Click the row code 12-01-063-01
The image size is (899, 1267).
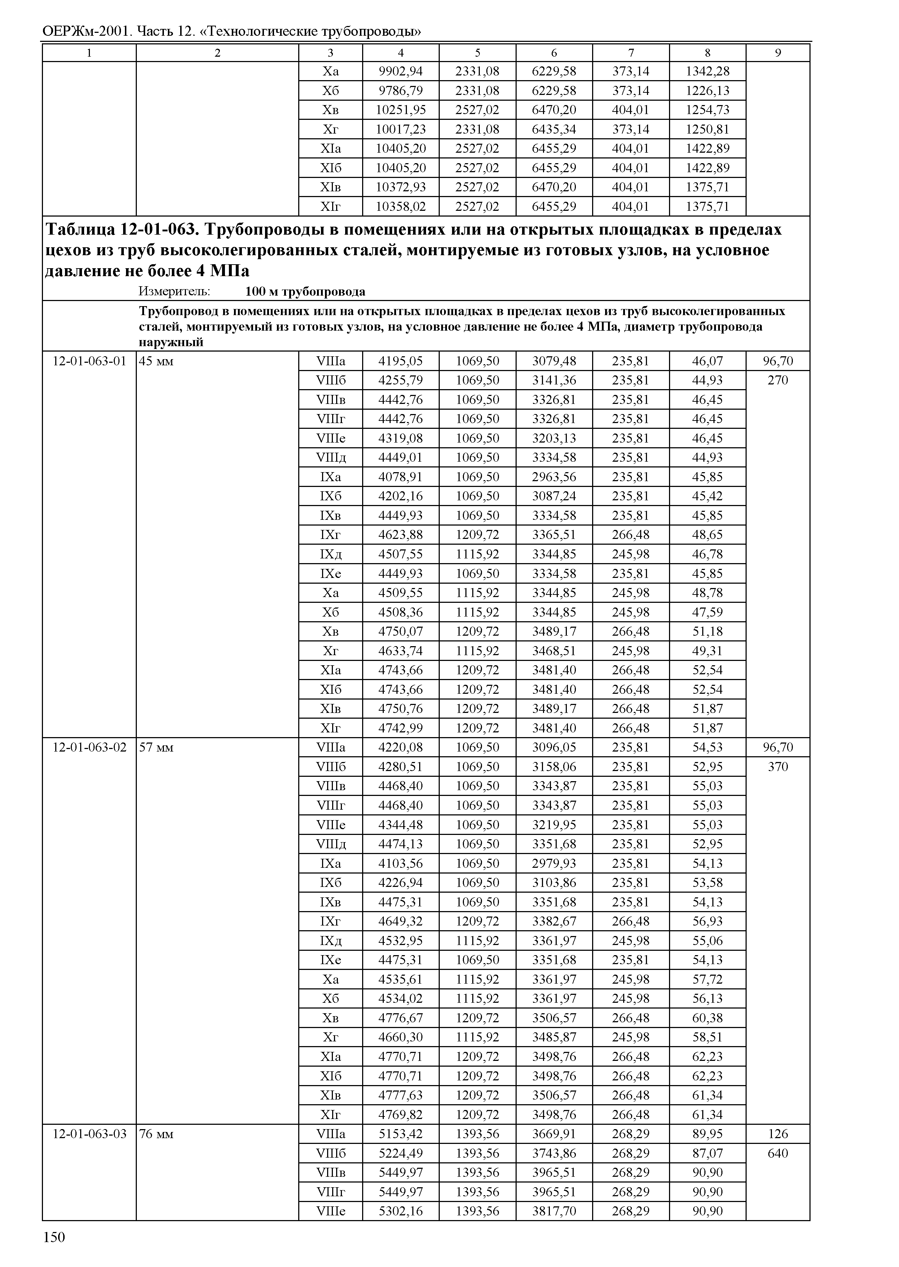click(89, 361)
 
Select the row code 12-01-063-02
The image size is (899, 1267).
click(89, 748)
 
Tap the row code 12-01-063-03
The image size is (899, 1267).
click(89, 1134)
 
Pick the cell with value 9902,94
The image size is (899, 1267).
click(400, 71)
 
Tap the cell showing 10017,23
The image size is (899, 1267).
click(400, 130)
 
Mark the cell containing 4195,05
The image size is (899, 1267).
click(400, 361)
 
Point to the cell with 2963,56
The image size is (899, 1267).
click(554, 477)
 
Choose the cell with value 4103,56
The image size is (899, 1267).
click(400, 863)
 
